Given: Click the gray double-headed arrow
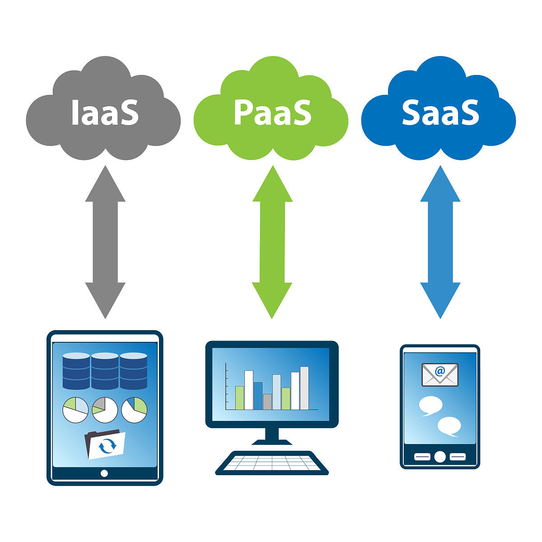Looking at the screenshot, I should [x=105, y=242].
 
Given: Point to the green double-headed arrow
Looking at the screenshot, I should [x=272, y=242].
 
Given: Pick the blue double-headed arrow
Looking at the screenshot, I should [x=440, y=242].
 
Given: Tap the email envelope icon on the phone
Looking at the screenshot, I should [x=440, y=375].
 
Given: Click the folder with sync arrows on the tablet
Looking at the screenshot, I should [x=105, y=444].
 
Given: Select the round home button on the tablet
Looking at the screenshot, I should [x=104, y=473].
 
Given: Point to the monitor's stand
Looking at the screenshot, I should [x=272, y=436].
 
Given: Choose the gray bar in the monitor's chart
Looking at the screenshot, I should [x=267, y=402].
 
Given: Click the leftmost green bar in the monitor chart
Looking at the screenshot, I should [x=239, y=397].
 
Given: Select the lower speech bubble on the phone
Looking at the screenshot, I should [x=449, y=426].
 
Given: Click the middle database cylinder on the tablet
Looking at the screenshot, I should [x=105, y=371].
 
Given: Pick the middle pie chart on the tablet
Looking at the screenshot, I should [x=105, y=410].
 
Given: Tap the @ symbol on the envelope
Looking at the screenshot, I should [x=440, y=371].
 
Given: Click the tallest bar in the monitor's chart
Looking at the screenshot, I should [x=304, y=388].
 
